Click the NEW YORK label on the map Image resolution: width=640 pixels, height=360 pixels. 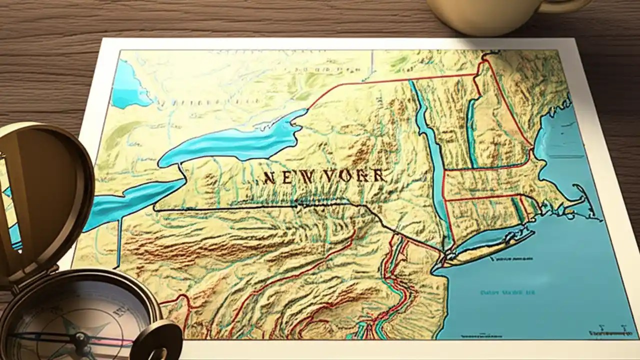[x=324, y=176]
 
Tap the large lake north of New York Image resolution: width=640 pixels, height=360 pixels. [x=235, y=142]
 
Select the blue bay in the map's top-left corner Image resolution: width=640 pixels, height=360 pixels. [x=127, y=85]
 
